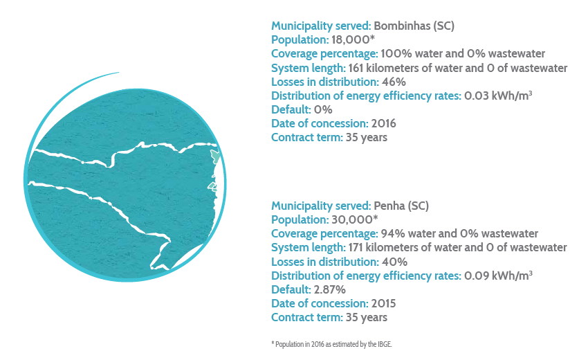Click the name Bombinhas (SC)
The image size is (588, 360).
click(414, 26)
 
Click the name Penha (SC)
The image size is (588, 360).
click(401, 206)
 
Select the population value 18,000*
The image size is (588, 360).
click(353, 39)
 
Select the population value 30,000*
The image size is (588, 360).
click(354, 219)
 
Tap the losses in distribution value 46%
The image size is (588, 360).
click(394, 82)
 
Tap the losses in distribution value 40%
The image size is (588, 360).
click(394, 262)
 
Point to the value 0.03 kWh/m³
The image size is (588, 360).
click(498, 96)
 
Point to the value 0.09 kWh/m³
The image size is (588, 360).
click(498, 276)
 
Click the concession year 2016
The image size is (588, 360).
click(383, 123)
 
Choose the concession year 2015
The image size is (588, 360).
click(383, 303)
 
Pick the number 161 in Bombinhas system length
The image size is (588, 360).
click(356, 68)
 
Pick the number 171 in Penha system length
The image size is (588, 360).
click(356, 247)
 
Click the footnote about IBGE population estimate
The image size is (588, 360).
click(331, 344)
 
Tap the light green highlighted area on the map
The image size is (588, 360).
click(216, 156)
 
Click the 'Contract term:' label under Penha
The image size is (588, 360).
click(307, 317)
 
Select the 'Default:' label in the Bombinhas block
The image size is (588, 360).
click(291, 109)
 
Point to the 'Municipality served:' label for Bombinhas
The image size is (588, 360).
click(321, 26)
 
